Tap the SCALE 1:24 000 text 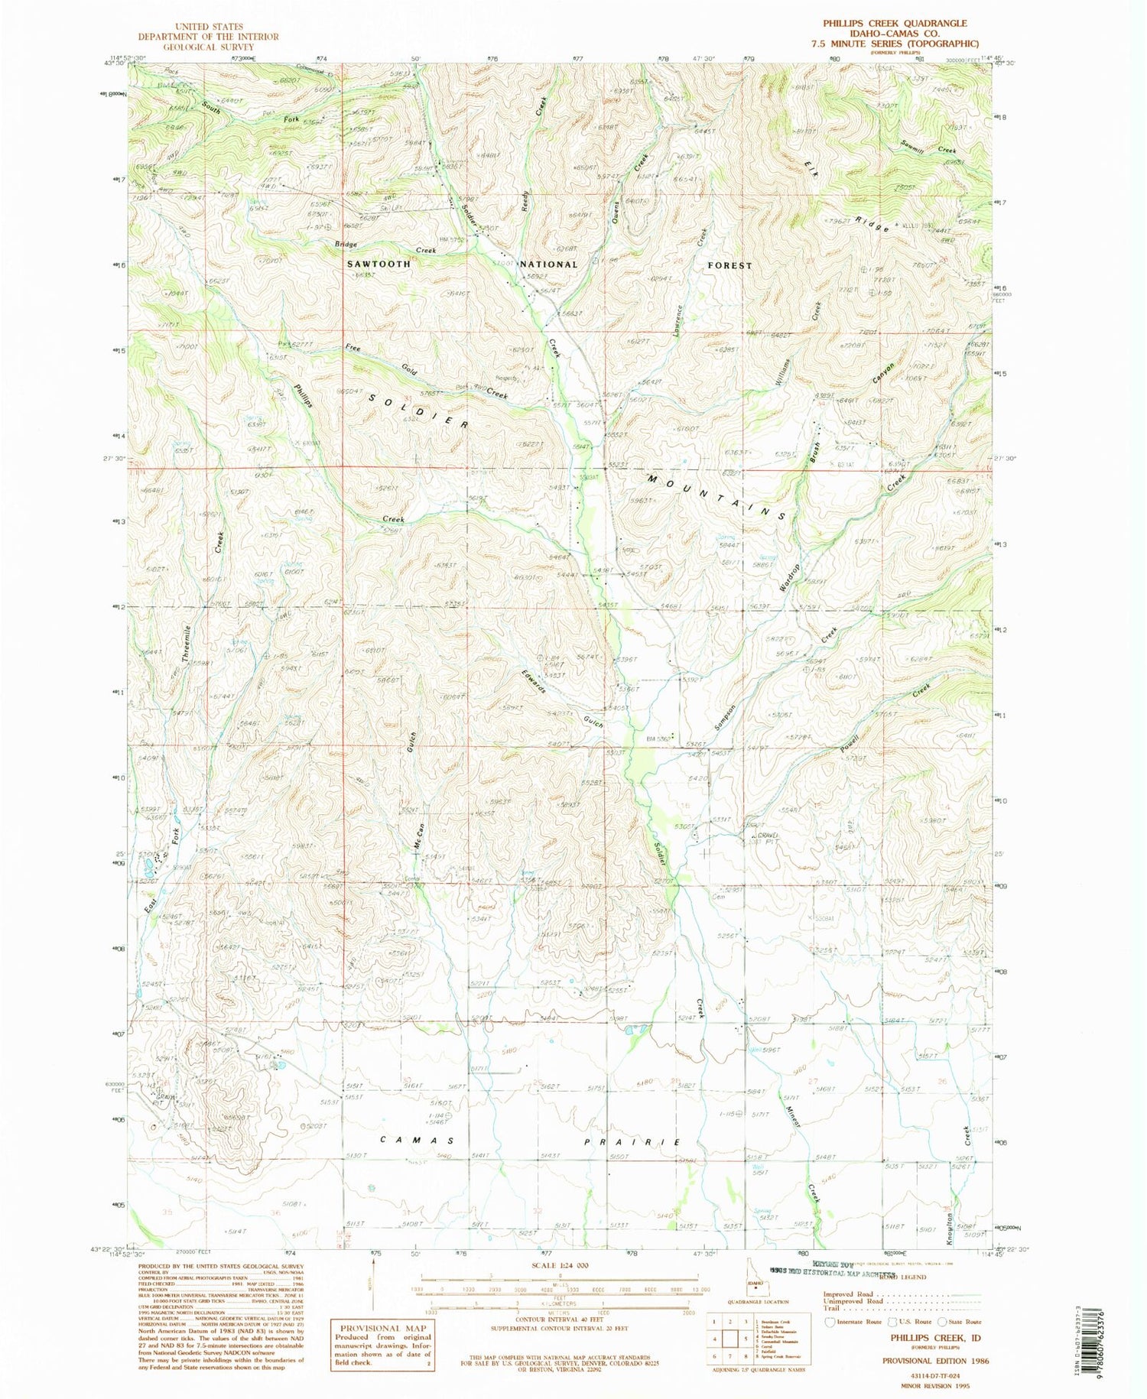[x=559, y=1265]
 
